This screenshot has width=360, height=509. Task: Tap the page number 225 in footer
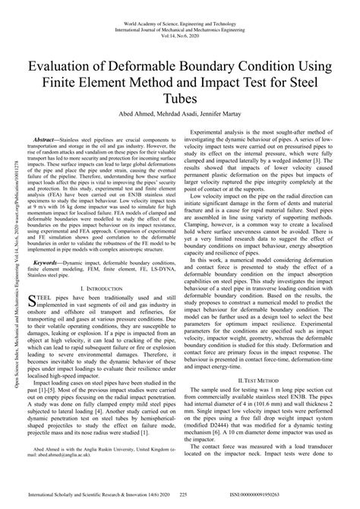[x=183, y=495]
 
